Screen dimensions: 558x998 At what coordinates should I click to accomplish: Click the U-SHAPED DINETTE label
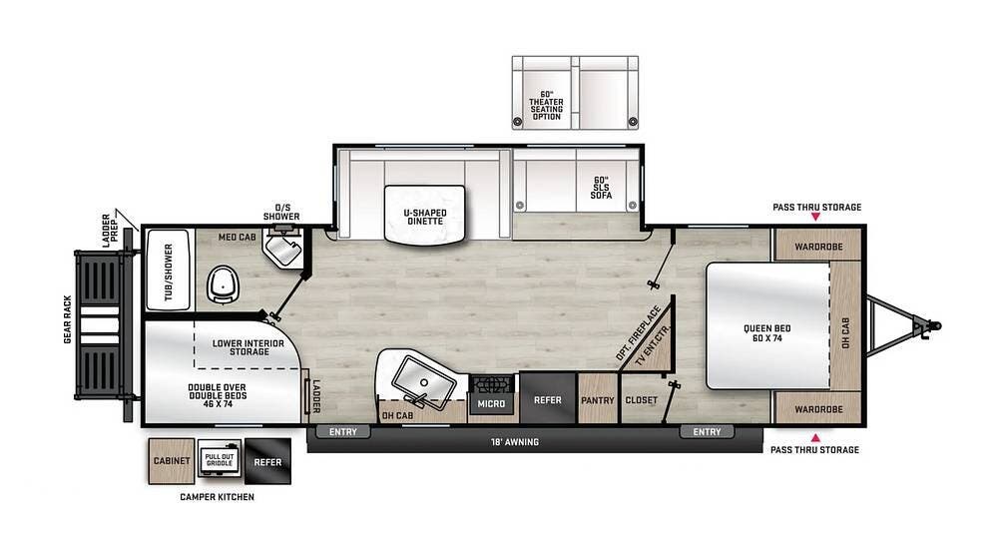[424, 217]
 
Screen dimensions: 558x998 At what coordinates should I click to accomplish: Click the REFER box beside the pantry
[548, 400]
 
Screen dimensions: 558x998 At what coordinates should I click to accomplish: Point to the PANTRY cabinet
[598, 400]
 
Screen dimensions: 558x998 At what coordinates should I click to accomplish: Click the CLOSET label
[641, 400]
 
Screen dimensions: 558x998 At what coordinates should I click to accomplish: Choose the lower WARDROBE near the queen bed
[818, 408]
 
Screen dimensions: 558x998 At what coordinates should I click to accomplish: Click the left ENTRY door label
[342, 432]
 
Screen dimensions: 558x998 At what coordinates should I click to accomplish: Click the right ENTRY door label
[707, 432]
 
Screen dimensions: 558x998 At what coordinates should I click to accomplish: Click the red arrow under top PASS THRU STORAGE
[815, 216]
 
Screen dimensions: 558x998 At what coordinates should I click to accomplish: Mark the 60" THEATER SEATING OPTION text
[546, 105]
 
